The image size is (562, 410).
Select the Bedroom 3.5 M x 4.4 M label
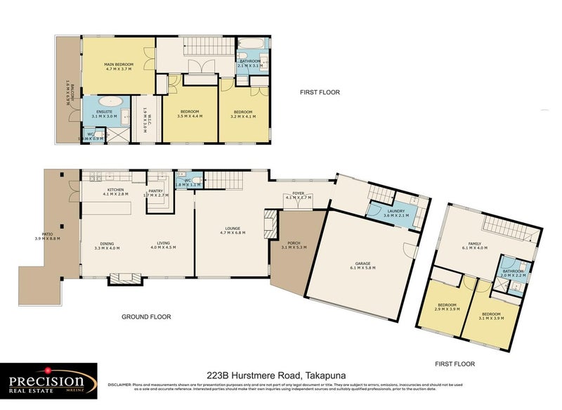click(190, 114)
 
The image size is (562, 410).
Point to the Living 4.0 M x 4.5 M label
click(165, 247)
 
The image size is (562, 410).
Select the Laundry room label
click(395, 213)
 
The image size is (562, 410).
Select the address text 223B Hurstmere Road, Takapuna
click(277, 376)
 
